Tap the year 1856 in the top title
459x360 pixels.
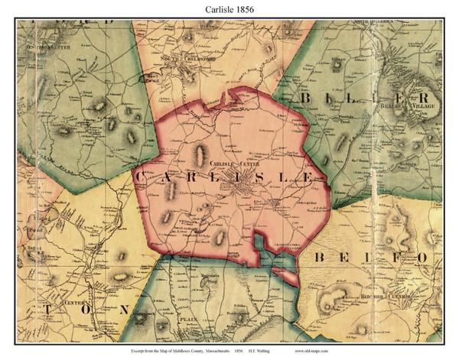tap(249, 9)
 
